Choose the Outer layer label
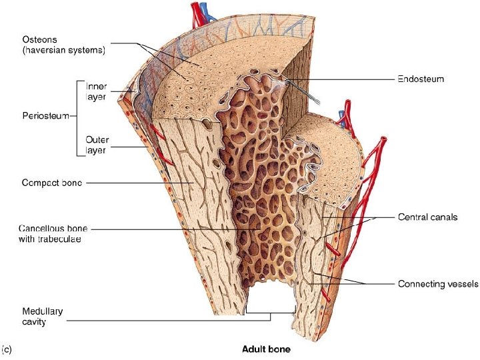(x=97, y=145)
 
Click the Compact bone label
(x=53, y=183)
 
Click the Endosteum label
(x=421, y=79)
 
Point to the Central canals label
(x=427, y=217)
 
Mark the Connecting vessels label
(x=437, y=284)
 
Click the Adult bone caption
(x=266, y=349)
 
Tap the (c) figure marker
(x=7, y=348)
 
